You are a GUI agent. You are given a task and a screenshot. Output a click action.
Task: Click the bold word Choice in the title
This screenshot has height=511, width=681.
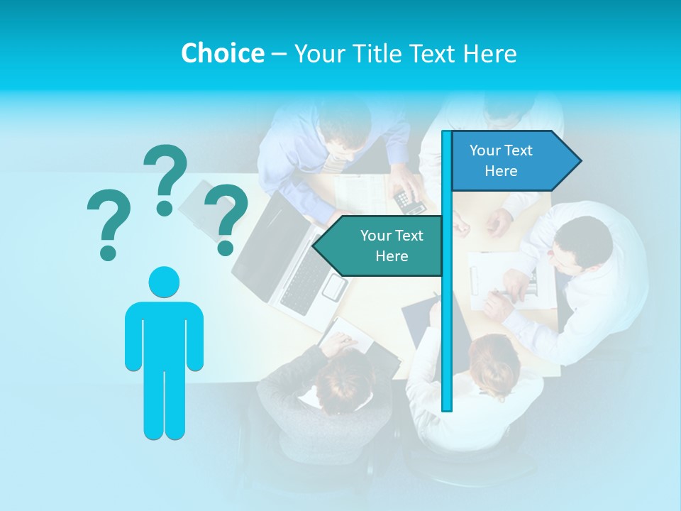tap(222, 53)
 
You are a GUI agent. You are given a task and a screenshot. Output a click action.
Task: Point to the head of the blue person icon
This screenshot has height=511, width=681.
tap(164, 282)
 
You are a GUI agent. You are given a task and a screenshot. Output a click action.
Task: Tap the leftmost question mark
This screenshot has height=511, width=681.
tap(108, 225)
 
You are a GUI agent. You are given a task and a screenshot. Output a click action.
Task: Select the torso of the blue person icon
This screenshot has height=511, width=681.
tap(164, 334)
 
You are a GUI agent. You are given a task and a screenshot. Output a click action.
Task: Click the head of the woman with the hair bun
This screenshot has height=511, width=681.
tap(494, 362)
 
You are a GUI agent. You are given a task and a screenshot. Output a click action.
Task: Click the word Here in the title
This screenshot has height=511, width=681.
tap(489, 53)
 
